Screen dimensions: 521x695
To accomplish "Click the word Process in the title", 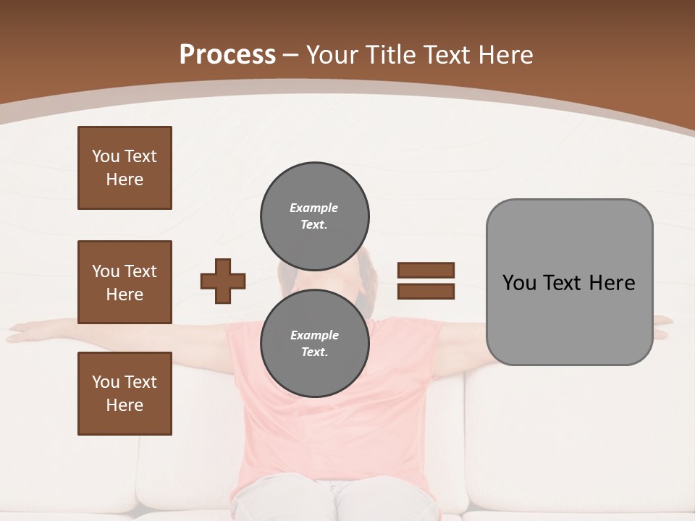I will coord(227,55).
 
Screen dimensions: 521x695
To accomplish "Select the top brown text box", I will coord(125,168).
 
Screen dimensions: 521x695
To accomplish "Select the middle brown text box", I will coord(125,282).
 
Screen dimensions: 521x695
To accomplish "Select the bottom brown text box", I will coord(125,394).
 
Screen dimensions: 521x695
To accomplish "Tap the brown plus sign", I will coord(223,281).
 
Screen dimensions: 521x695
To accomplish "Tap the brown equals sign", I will coord(426,281).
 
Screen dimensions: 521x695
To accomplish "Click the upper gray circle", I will coord(315,216).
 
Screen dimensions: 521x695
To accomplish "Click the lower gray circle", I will coord(315,344).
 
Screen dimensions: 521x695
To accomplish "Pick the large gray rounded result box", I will coord(569,282).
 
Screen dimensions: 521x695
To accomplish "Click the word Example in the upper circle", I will coord(313,208).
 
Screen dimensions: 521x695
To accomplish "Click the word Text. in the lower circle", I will coord(315,352).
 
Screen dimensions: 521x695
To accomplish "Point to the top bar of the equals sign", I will coord(426,271).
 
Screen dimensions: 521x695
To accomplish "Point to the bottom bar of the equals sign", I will coord(426,291).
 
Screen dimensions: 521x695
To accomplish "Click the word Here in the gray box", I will coord(612,283).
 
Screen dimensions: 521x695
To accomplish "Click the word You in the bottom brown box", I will coord(105,382).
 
